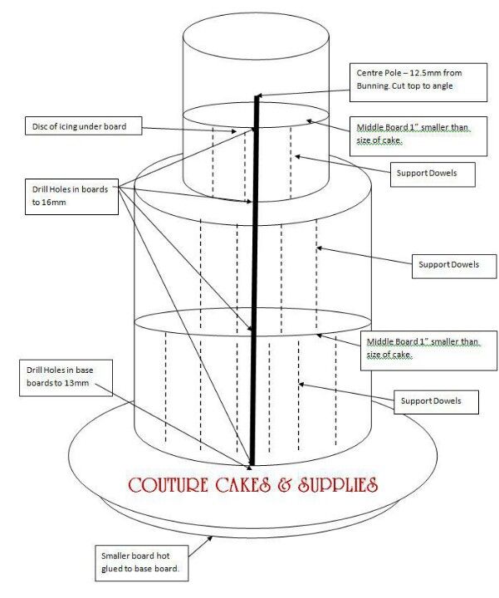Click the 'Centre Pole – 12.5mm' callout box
pos(418,82)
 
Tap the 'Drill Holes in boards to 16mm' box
pos(71,196)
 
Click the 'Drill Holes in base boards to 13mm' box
pos(66,378)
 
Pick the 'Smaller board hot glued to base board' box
pos(141,563)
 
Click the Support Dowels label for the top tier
pos(433,174)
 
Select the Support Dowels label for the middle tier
pos(454,266)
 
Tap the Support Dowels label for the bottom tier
pos(436,402)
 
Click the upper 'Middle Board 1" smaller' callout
pos(418,136)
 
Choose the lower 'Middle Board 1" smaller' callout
pos(429,350)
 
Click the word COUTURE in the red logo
pos(168,485)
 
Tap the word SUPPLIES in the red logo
pos(338,485)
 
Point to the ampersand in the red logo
pos(284,485)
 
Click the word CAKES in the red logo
pos(242,485)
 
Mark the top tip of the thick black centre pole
pos(257,96)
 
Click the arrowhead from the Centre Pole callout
pos(257,96)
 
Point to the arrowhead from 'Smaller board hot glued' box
pos(210,538)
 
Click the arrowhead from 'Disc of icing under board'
pos(233,131)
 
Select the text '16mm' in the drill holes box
pos(54,202)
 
